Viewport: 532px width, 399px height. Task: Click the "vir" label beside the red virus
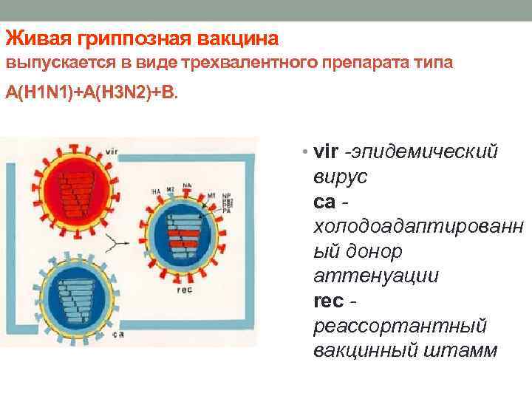(x=112, y=151)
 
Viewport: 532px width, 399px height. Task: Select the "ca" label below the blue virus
(x=118, y=334)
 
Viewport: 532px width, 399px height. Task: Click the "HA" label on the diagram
(x=155, y=192)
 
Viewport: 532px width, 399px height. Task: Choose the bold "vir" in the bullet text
(x=325, y=152)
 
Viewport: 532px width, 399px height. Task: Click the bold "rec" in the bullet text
(x=328, y=301)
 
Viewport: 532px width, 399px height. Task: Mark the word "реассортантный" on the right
(x=400, y=326)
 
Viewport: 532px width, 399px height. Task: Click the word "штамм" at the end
(x=464, y=351)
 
